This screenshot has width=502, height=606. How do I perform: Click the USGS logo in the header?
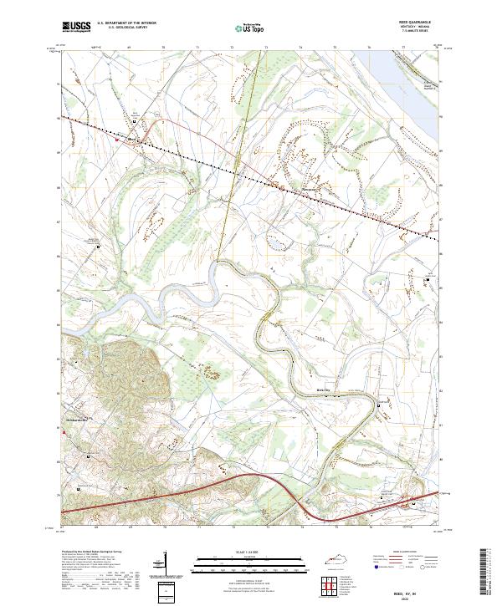[x=76, y=28]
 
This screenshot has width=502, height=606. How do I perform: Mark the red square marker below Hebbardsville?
[x=64, y=432]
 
